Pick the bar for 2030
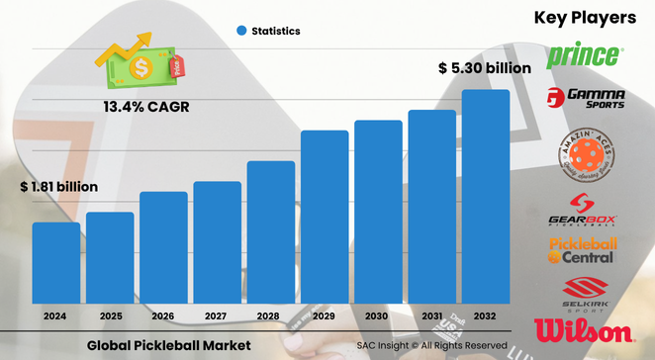click(378, 212)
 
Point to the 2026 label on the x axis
click(163, 315)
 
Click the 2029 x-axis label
click(325, 315)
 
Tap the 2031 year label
click(432, 315)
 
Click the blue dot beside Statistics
click(240, 31)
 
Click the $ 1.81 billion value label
click(58, 186)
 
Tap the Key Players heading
click(586, 17)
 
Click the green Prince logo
click(585, 53)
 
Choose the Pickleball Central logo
click(584, 250)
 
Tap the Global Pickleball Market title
click(168, 345)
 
